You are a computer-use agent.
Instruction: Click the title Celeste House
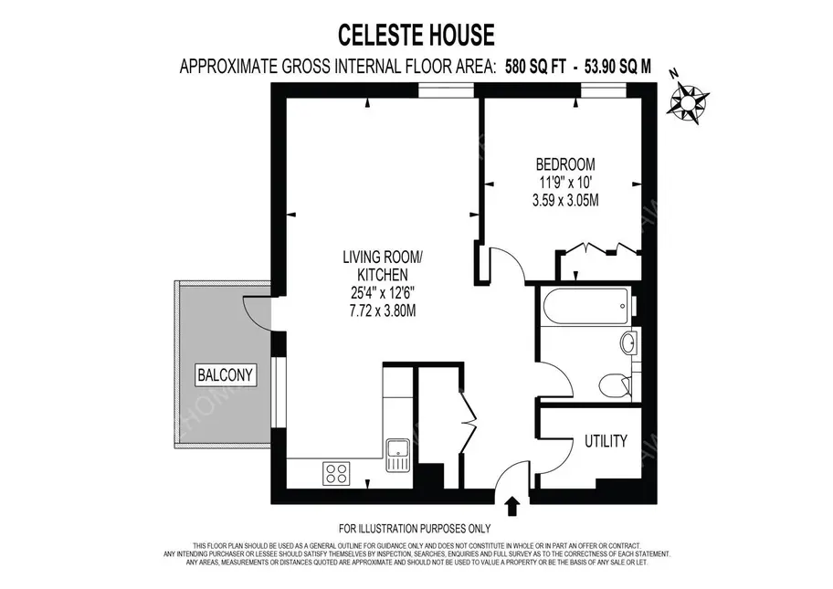[416, 36]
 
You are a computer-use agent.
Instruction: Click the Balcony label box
[225, 373]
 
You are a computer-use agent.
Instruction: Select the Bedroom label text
[564, 164]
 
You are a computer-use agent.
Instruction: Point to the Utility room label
[606, 442]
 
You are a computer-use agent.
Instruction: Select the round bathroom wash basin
[627, 342]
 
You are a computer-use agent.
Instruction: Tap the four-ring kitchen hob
[336, 473]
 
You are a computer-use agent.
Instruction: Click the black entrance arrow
[511, 504]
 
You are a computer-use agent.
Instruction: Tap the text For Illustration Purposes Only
[415, 529]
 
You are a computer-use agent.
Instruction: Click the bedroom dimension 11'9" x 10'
[564, 183]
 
